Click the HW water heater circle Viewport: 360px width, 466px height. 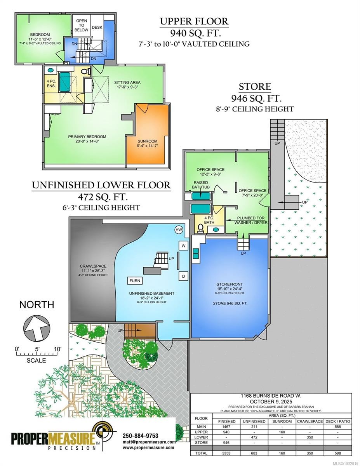(179, 230)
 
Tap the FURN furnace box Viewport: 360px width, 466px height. (135, 281)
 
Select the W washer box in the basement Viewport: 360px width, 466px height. (184, 246)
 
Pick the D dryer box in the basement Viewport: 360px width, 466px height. (184, 276)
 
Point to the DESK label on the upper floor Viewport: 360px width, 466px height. (97, 28)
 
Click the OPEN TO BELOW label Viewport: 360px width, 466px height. (82, 25)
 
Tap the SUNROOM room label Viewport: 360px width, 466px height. (148, 141)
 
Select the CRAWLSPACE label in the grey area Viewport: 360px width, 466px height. (93, 266)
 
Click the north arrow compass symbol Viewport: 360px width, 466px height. (37, 328)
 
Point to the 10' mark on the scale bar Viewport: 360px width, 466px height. (57, 349)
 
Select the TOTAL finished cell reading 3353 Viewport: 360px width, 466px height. (226, 459)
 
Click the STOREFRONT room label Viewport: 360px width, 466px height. (230, 284)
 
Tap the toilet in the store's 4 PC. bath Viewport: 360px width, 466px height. (201, 228)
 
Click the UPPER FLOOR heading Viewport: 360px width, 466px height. (194, 21)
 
